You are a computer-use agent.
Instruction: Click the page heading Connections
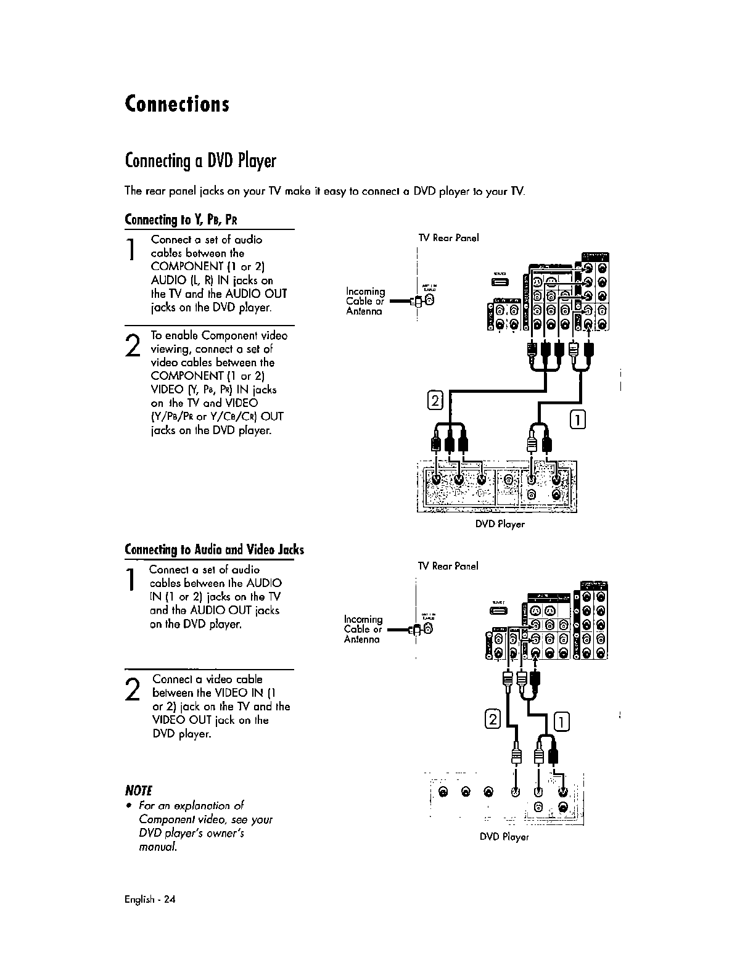point(177,104)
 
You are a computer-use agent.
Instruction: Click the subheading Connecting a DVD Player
point(200,162)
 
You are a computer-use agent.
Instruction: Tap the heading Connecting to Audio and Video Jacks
point(214,550)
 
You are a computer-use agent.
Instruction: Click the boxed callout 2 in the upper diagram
point(436,401)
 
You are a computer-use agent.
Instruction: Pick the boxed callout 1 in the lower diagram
point(563,721)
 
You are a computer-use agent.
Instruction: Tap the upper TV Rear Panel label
point(448,238)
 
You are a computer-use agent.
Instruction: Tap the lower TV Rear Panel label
point(448,566)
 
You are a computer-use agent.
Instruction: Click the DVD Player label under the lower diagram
point(504,837)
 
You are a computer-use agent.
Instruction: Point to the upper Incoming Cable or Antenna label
point(365,301)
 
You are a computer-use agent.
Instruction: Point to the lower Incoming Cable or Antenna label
point(363,629)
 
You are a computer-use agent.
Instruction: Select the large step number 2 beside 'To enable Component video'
point(133,344)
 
